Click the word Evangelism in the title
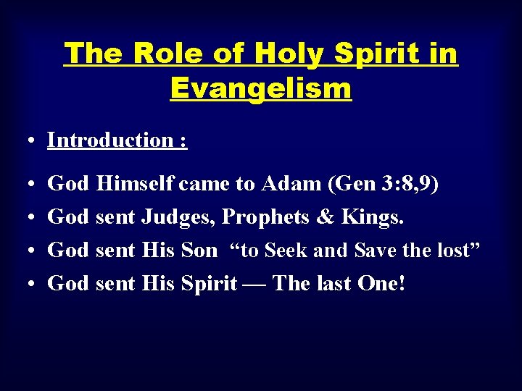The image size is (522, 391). pyautogui.click(x=261, y=88)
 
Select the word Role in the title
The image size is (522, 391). pyautogui.click(x=168, y=54)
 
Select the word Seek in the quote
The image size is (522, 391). pyautogui.click(x=286, y=251)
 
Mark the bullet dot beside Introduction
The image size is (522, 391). pyautogui.click(x=33, y=141)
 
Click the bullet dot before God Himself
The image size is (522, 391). pyautogui.click(x=33, y=185)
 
